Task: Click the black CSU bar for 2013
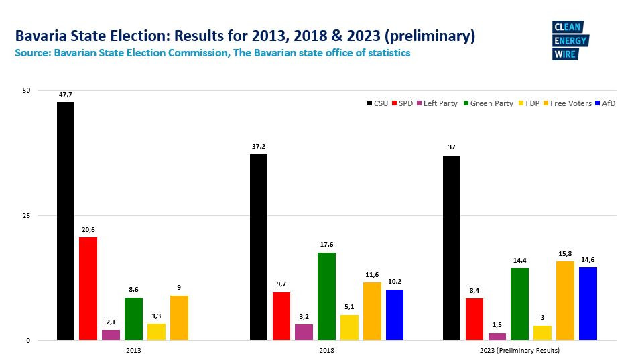tap(66, 221)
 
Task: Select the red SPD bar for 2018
tap(281, 316)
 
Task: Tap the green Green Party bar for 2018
tap(326, 296)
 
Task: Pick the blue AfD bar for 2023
tap(588, 304)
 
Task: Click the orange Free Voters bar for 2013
tap(179, 318)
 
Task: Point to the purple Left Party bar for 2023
tap(497, 337)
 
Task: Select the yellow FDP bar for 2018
tap(349, 327)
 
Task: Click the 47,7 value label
tap(65, 95)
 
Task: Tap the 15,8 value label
tap(565, 254)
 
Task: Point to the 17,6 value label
tap(326, 245)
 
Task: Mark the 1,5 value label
tap(497, 326)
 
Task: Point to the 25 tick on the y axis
tap(26, 215)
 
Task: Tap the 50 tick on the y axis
tap(26, 90)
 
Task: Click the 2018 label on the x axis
tap(326, 350)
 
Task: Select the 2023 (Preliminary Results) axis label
tap(520, 350)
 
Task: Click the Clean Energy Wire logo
tap(569, 41)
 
